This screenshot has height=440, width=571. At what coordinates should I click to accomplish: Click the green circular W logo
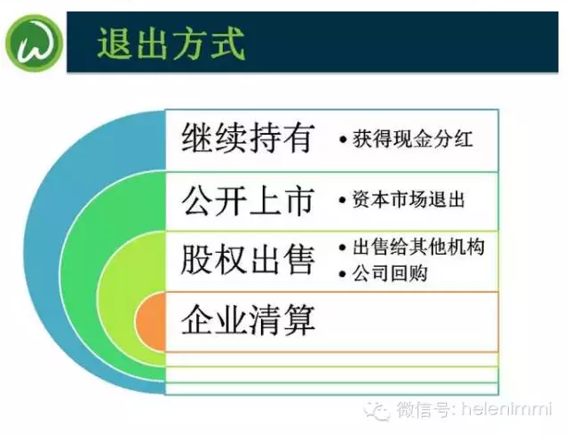34,43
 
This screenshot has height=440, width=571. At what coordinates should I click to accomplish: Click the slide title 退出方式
171,43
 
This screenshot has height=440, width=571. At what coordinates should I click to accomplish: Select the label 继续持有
248,138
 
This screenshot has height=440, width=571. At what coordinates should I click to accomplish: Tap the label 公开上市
248,200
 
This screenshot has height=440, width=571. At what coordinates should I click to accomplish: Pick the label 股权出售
248,259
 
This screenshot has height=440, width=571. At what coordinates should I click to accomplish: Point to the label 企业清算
248,320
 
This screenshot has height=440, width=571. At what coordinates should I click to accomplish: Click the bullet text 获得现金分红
413,139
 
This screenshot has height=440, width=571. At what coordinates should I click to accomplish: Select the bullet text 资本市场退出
408,200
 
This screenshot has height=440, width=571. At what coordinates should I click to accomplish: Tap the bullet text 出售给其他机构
418,247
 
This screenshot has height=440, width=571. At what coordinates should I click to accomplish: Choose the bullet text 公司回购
389,273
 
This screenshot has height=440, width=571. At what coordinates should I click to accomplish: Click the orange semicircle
151,323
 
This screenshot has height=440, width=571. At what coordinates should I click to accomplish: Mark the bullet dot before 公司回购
342,274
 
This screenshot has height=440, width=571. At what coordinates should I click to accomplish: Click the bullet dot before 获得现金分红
342,139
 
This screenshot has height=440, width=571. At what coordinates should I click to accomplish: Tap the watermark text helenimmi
507,410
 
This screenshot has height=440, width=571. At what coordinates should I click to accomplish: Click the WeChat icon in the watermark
377,411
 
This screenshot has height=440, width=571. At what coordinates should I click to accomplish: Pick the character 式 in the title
227,43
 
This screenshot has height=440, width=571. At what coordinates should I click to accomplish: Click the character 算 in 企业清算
299,320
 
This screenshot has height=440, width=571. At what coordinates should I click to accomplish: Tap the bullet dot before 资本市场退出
342,200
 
